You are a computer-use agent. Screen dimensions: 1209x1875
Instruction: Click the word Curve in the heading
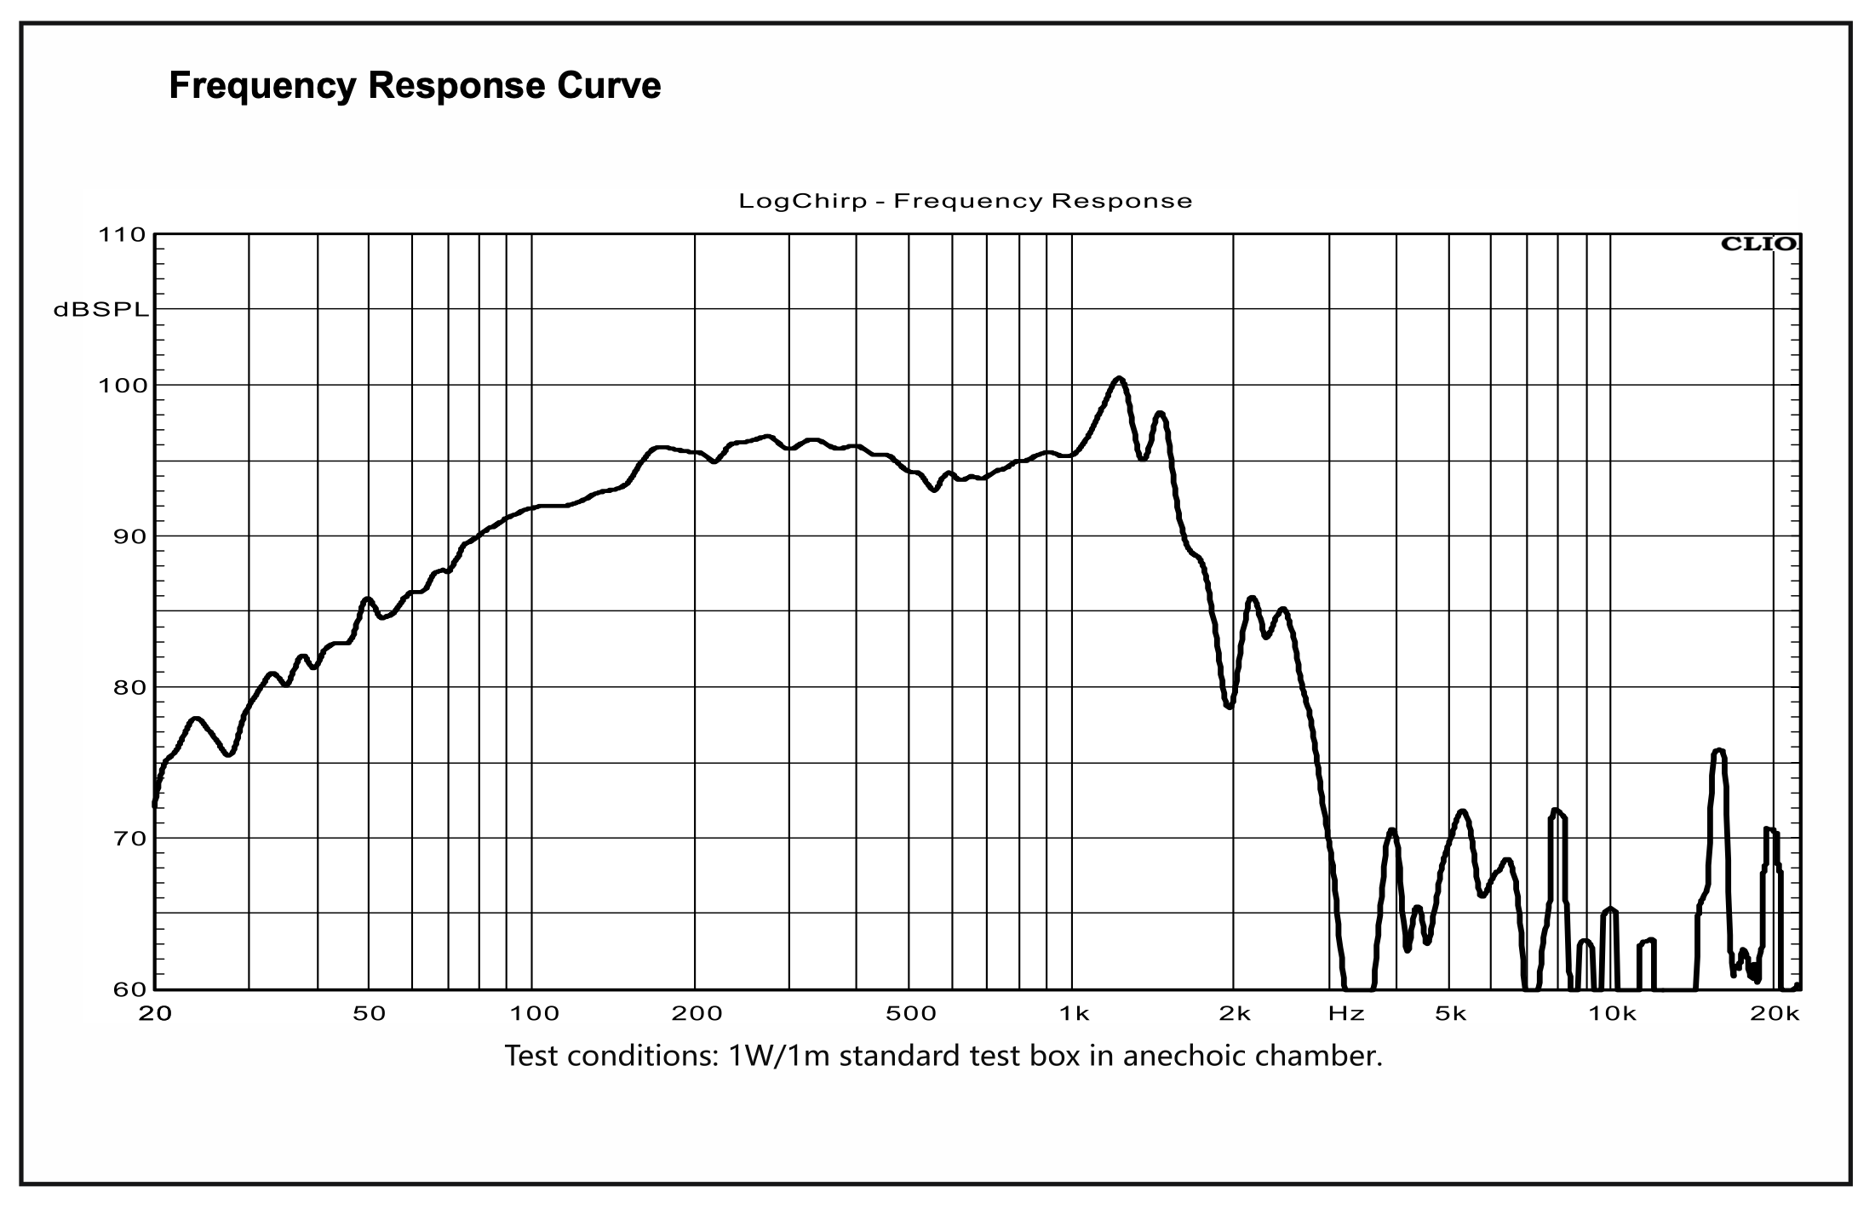click(x=609, y=86)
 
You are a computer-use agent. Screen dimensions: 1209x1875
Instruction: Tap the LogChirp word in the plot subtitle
click(x=803, y=202)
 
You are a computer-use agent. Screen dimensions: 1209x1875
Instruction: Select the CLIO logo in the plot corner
click(x=1758, y=244)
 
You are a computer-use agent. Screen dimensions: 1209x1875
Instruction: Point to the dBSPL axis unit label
click(x=100, y=311)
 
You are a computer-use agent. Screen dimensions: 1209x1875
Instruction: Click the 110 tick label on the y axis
click(x=124, y=235)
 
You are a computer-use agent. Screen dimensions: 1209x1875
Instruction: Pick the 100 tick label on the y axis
click(x=124, y=386)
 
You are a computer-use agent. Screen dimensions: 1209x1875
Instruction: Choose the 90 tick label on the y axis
click(x=129, y=536)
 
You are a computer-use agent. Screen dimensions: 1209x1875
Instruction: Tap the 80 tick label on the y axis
click(x=129, y=687)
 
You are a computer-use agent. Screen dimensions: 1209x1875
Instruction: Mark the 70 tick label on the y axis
click(x=129, y=839)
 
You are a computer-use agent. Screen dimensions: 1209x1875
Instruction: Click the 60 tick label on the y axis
click(x=129, y=989)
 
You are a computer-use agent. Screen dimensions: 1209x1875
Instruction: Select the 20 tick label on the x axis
click(x=155, y=1014)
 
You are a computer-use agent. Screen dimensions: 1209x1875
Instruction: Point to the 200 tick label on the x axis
click(x=697, y=1014)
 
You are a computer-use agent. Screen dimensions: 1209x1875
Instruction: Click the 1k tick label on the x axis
click(x=1074, y=1014)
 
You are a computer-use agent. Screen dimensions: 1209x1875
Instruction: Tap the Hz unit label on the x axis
click(x=1346, y=1014)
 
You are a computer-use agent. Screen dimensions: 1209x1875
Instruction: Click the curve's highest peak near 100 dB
click(x=1119, y=379)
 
